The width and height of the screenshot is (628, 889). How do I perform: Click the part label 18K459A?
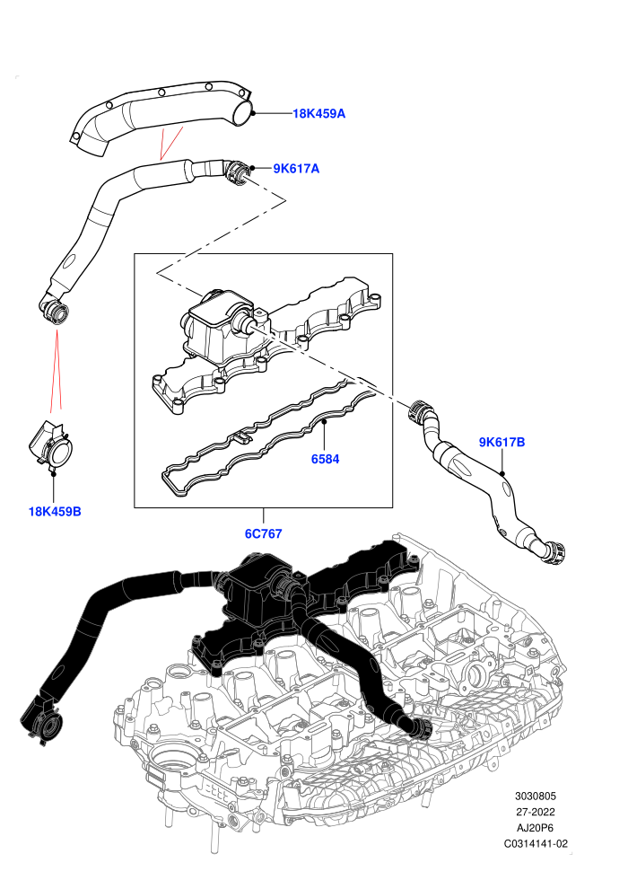tap(318, 113)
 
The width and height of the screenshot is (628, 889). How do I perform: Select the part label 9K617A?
tap(296, 169)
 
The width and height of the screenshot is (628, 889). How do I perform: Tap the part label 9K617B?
tap(502, 442)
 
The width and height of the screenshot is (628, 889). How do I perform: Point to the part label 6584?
tap(325, 459)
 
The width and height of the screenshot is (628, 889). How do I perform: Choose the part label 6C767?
tap(264, 533)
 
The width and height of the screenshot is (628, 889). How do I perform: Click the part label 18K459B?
tap(55, 512)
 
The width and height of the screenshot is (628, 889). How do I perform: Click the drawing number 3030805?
tap(535, 796)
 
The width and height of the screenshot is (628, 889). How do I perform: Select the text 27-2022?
tap(535, 812)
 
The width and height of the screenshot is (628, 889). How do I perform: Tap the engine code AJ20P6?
tap(535, 828)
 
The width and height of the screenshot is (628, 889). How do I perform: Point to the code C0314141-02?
tap(536, 843)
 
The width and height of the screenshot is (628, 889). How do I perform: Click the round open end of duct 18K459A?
tap(243, 111)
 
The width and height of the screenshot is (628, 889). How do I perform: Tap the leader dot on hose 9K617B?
tap(502, 472)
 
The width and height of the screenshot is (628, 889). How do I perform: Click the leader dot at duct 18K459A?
tap(254, 113)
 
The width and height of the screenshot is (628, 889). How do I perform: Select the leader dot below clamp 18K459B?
tap(55, 472)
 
